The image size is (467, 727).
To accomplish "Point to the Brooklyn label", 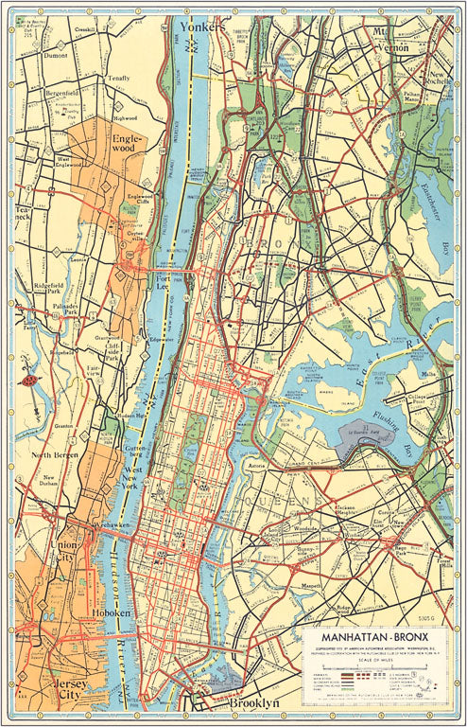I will pos(253,704).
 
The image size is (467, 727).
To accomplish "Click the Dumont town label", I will pos(58,56).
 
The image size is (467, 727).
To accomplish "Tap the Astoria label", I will pos(257,467).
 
